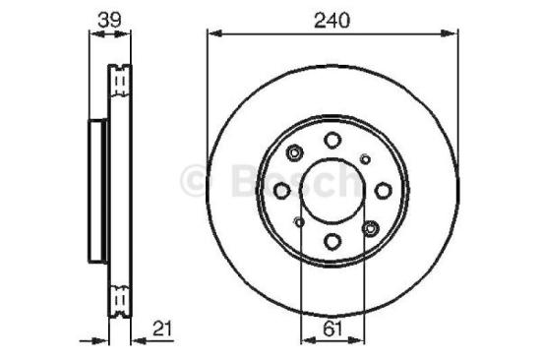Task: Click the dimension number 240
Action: pos(332,18)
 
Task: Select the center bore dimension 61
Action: pos(332,331)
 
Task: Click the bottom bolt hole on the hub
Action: pos(332,242)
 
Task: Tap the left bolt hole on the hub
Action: pos(281,191)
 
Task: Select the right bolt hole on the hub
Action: pos(385,191)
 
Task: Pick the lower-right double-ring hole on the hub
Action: pos(370,228)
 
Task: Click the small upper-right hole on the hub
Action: pos(366,157)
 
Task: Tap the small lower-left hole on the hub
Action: pos(299,223)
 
